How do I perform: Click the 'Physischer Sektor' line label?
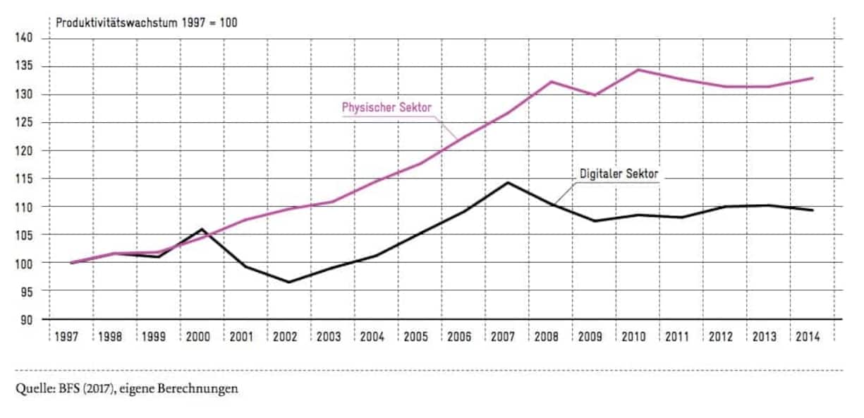point(387,108)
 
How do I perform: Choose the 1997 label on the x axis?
point(70,337)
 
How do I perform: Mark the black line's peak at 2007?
point(506,183)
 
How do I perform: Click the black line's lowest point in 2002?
point(288,282)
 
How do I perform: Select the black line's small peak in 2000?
point(202,229)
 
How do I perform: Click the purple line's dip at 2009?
point(594,95)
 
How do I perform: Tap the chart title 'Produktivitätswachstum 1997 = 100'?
point(147,23)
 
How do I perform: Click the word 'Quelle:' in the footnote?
point(32,389)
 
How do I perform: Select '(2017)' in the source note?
point(98,389)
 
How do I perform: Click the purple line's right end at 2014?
point(813,78)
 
